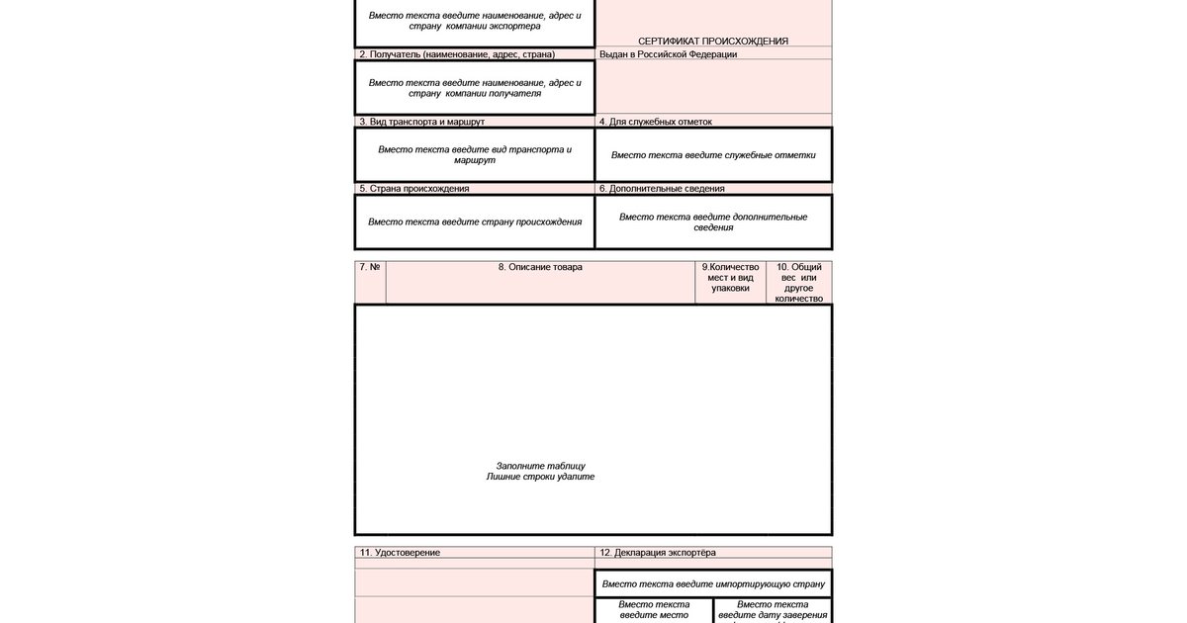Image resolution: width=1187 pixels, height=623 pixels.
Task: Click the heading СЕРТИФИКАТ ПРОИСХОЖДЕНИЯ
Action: pos(712,41)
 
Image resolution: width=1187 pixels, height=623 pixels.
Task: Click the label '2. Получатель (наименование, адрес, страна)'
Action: pos(457,54)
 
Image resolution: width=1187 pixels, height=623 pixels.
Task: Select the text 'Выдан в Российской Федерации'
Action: pos(668,54)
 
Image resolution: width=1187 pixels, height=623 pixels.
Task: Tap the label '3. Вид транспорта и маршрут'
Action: pos(421,122)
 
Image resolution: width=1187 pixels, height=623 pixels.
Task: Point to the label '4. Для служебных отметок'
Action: pos(656,122)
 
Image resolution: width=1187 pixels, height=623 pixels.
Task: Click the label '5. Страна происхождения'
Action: pos(414,188)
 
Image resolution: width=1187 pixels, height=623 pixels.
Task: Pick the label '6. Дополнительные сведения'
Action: pos(662,188)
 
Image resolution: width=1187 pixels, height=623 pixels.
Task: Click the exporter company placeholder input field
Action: pos(475,21)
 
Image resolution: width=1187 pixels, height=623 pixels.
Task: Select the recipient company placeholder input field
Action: pos(475,88)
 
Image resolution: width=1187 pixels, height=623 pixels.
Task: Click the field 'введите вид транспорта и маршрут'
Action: pos(475,155)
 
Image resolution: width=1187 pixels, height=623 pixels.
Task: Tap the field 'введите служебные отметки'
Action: pos(713,155)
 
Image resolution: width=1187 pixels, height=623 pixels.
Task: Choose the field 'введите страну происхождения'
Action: pos(475,222)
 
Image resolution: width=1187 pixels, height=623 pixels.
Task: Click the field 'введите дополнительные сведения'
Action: pos(713,222)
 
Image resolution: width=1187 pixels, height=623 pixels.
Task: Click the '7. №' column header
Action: pos(370,267)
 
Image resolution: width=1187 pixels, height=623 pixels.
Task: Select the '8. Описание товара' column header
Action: pos(540,267)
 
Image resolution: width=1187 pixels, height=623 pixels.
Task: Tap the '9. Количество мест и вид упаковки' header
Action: pos(731,278)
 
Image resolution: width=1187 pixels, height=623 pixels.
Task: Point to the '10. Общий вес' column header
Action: pos(798,282)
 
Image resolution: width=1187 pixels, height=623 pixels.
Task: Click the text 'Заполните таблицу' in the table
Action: pos(540,466)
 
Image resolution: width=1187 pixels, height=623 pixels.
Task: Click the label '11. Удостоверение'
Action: pos(400,552)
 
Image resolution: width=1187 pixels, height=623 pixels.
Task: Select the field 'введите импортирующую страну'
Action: pos(713,583)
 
